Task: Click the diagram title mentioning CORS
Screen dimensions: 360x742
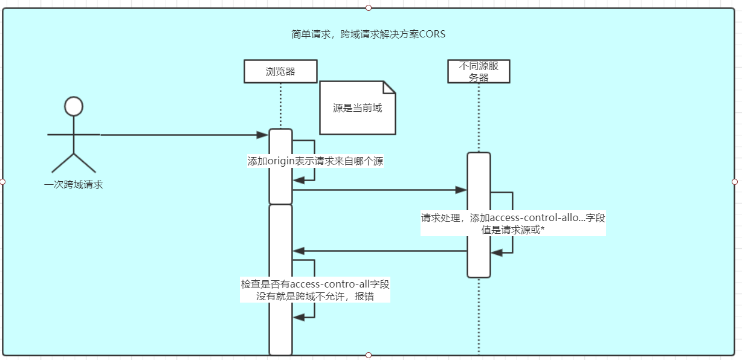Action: tap(368, 34)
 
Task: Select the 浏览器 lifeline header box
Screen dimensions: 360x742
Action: tap(280, 71)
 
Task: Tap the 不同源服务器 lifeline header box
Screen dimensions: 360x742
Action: tap(479, 71)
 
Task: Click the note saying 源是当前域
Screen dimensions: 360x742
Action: tap(357, 109)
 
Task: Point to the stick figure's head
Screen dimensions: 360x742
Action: tap(73, 106)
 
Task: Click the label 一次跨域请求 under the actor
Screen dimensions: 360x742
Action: tap(74, 185)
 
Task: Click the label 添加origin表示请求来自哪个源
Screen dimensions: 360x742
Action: tap(315, 161)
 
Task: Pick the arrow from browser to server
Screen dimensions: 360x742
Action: tap(379, 190)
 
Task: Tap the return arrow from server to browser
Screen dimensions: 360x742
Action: tap(379, 251)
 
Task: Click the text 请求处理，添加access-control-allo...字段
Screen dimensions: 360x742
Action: tap(513, 217)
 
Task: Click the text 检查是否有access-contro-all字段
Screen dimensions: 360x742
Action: tap(315, 284)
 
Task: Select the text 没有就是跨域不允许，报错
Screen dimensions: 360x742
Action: tap(315, 296)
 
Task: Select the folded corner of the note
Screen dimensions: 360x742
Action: tap(389, 87)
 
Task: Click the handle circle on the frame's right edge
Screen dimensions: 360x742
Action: tap(735, 182)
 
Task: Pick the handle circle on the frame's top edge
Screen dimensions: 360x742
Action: tap(369, 8)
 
